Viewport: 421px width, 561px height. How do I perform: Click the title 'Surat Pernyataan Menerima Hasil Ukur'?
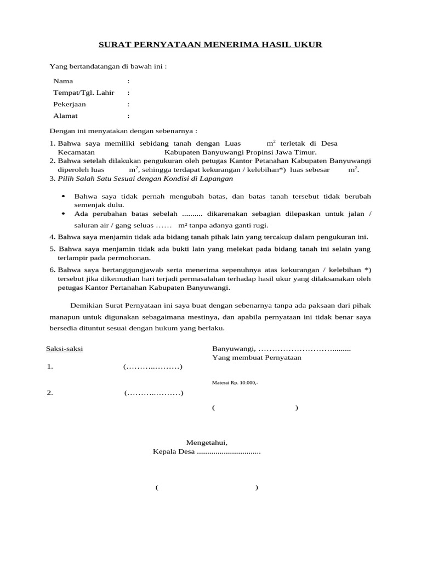click(x=210, y=44)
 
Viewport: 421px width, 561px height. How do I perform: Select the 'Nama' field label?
click(x=62, y=81)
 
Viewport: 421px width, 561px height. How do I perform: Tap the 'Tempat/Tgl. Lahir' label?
click(x=83, y=93)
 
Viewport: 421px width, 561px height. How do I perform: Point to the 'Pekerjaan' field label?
click(x=69, y=104)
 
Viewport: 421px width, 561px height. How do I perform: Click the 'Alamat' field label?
click(x=65, y=116)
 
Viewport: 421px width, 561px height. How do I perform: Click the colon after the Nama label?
click(x=128, y=81)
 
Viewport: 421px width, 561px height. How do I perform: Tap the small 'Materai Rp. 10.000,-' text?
click(x=235, y=383)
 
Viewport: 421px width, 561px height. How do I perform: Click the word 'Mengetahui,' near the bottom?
click(x=206, y=442)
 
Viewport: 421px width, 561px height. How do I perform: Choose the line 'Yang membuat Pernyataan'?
click(x=257, y=357)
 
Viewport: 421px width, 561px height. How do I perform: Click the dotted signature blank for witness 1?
click(x=153, y=367)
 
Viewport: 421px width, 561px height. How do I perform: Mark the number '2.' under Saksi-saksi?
click(x=50, y=393)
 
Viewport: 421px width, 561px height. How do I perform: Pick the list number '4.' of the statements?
click(x=53, y=237)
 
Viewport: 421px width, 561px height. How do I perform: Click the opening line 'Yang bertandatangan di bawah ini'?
click(x=108, y=66)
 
